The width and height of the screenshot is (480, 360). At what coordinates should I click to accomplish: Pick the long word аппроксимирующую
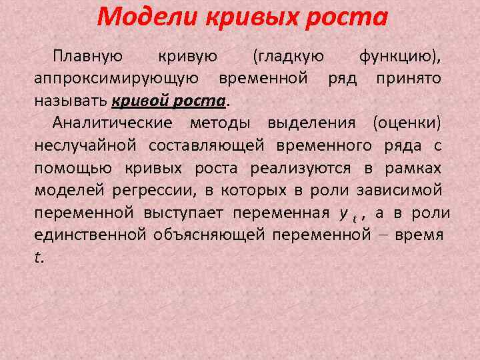pyautogui.click(x=115, y=79)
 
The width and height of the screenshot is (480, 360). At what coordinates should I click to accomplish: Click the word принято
pyautogui.click(x=408, y=79)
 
